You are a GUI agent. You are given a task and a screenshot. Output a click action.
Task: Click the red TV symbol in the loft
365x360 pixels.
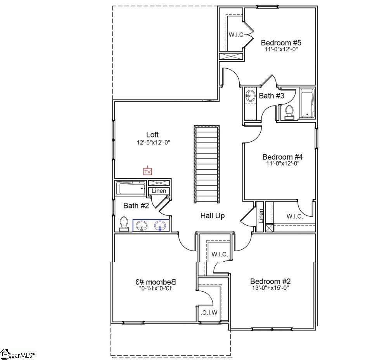point(147,171)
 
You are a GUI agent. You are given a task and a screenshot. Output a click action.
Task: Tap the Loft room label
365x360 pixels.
point(152,135)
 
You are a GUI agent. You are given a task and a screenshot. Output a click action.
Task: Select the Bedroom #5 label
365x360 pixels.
point(279,43)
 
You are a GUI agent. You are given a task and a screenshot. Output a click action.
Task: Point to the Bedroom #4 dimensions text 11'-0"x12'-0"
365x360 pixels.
point(282,163)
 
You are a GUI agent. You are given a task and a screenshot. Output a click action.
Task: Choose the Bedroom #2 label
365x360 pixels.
point(270,281)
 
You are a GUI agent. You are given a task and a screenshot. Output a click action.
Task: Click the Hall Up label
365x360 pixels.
point(212,216)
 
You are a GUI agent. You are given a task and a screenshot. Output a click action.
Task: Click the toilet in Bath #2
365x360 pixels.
point(124,224)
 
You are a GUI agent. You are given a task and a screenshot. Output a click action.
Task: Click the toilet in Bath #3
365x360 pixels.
point(289,111)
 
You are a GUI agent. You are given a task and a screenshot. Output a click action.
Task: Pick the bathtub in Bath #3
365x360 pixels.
point(307,103)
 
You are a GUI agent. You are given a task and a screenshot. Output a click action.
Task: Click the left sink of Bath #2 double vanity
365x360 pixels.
point(142,226)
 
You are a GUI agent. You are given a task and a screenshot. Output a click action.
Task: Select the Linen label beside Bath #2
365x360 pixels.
point(159,191)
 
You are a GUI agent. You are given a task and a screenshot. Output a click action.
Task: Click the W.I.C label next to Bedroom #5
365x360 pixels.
point(236,35)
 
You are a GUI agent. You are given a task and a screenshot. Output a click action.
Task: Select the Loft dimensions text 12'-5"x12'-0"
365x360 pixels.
point(153,143)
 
